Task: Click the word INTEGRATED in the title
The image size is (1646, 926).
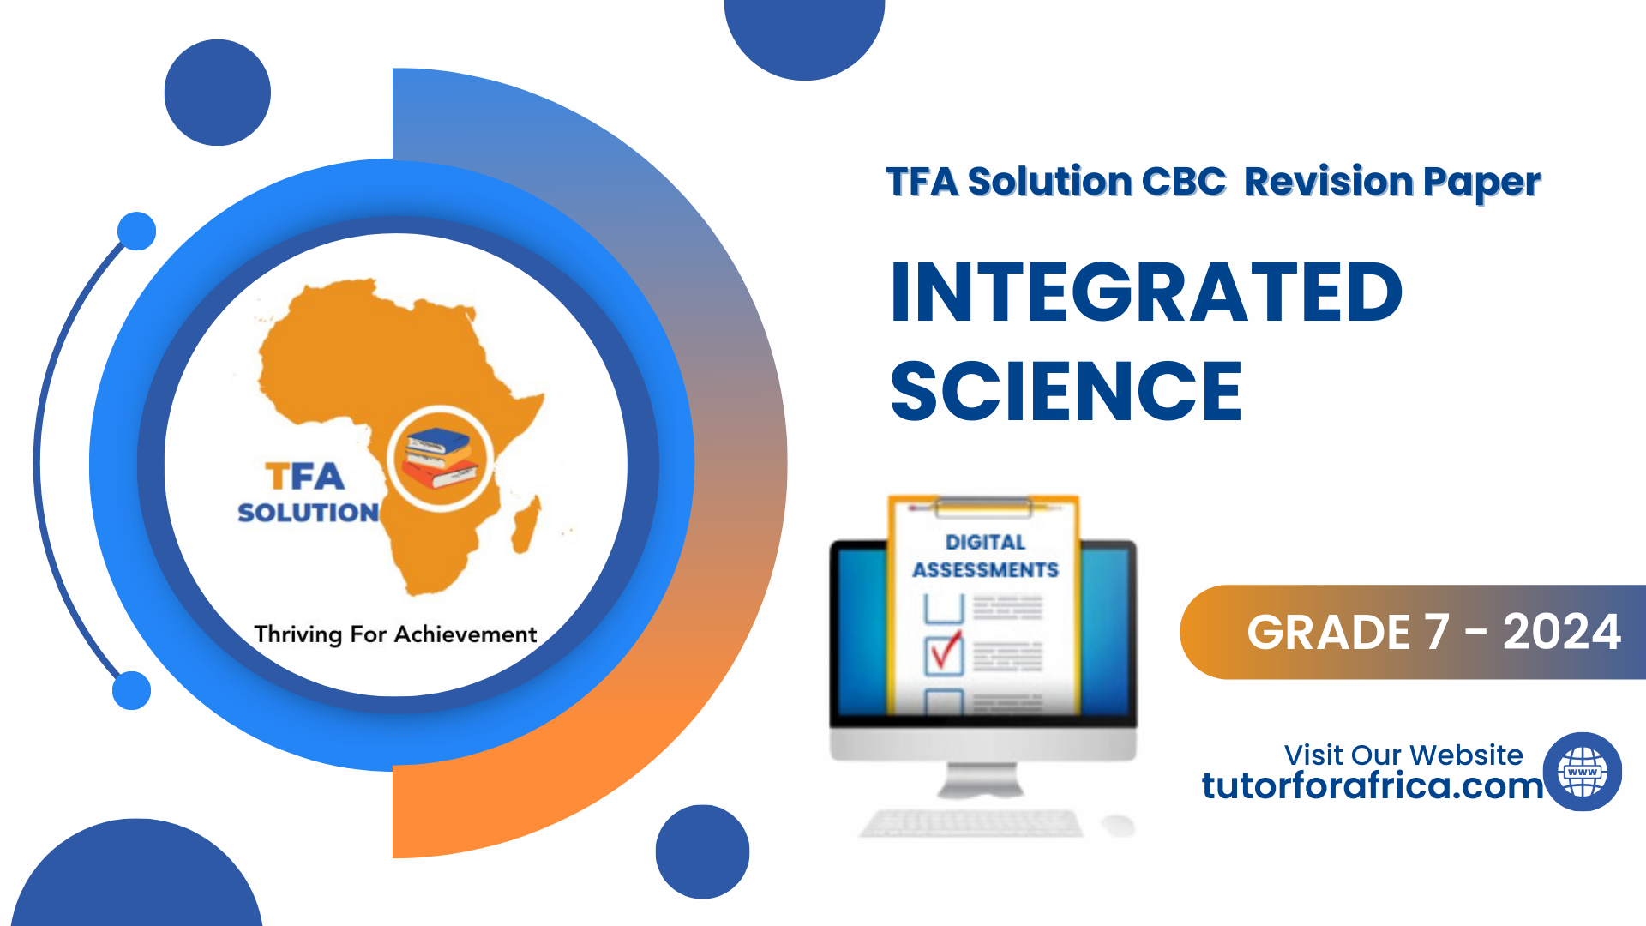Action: (1146, 292)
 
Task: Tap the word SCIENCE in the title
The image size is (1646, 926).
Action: (1066, 391)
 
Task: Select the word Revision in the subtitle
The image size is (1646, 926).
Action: (1328, 181)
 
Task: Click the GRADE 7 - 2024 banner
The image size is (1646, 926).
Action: (1413, 632)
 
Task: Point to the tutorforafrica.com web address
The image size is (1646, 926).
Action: (1372, 785)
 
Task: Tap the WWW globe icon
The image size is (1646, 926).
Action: (1583, 772)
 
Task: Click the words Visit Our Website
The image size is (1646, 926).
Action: (1403, 755)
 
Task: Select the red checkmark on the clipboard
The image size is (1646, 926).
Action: (946, 651)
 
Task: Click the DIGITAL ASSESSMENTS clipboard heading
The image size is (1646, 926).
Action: (986, 556)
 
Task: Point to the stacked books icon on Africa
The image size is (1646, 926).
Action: (440, 459)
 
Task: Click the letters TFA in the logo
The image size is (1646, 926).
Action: (304, 476)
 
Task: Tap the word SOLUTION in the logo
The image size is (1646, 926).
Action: (308, 512)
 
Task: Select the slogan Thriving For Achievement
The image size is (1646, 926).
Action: (395, 634)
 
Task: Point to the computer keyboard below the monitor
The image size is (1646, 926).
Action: (971, 823)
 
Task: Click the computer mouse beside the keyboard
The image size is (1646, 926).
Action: (1118, 825)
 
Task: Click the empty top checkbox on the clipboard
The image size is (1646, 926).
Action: (944, 608)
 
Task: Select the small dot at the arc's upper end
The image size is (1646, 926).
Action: (136, 231)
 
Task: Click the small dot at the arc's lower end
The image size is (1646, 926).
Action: (132, 690)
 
